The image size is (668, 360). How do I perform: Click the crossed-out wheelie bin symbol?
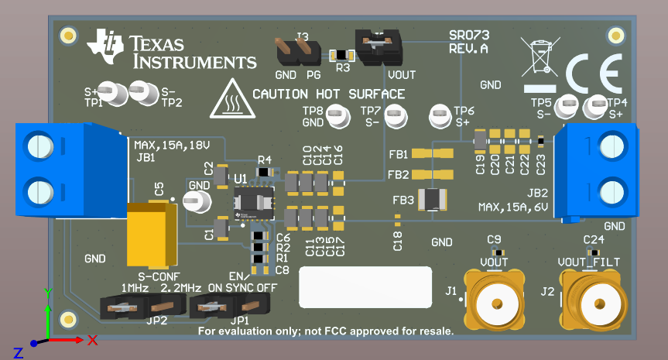(540, 57)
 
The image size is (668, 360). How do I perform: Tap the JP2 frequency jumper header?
(134, 309)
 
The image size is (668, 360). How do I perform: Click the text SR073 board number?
(469, 35)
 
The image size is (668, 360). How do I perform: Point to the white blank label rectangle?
(365, 288)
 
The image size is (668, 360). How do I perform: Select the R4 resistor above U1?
(265, 171)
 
